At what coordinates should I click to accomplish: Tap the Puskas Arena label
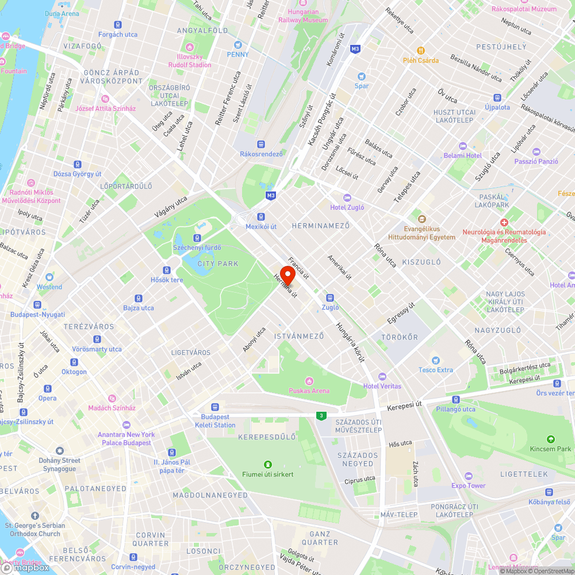pos(309,391)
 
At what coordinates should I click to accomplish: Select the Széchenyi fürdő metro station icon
pos(197,237)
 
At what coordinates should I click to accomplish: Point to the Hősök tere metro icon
pos(167,270)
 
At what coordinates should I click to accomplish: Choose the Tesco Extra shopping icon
pos(435,360)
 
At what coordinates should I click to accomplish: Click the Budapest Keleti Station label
pos(215,421)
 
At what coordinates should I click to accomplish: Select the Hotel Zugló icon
pos(347,197)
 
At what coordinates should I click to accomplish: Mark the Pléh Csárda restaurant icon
pos(421,51)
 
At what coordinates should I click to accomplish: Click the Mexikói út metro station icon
pos(262,217)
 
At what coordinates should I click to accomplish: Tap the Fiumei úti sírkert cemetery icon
pos(267,465)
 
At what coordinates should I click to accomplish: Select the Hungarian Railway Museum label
pos(303,16)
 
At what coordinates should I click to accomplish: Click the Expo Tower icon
pos(469,476)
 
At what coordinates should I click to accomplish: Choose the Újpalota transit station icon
pos(497,98)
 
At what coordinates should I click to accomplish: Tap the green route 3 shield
pos(321,416)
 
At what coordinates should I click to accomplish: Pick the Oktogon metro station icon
pos(74,362)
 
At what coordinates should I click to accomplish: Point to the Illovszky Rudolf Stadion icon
pos(190,47)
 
